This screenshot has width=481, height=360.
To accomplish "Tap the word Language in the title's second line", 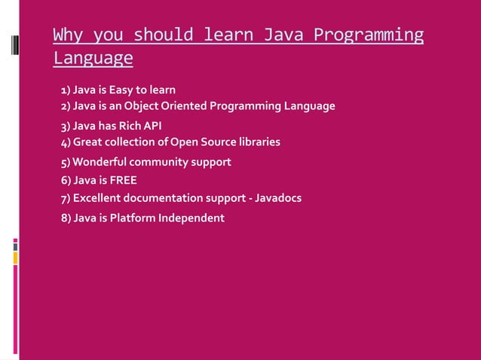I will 93,58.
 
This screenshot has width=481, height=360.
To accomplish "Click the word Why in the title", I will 69,35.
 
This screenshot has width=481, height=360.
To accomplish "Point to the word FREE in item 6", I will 124,180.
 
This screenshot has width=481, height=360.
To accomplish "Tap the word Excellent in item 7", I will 97,198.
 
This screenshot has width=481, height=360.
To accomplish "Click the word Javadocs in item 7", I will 279,198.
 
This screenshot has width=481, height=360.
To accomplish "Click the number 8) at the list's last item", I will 66,218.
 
